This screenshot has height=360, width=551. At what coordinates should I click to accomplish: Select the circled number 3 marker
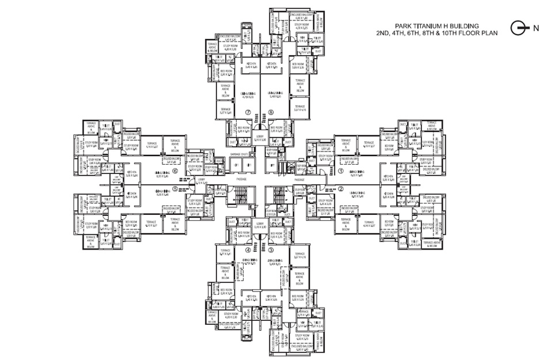point(270,251)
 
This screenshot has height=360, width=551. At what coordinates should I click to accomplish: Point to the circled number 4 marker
point(249,251)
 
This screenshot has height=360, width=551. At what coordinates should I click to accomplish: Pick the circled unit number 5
point(176,188)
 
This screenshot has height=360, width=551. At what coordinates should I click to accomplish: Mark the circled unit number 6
point(176,171)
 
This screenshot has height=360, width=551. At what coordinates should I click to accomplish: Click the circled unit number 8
point(270,112)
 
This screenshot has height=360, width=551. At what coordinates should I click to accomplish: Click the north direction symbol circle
point(517,27)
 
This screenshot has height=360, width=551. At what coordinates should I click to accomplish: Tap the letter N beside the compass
point(535,28)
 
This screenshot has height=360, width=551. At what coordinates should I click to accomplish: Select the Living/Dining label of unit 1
point(356,172)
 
